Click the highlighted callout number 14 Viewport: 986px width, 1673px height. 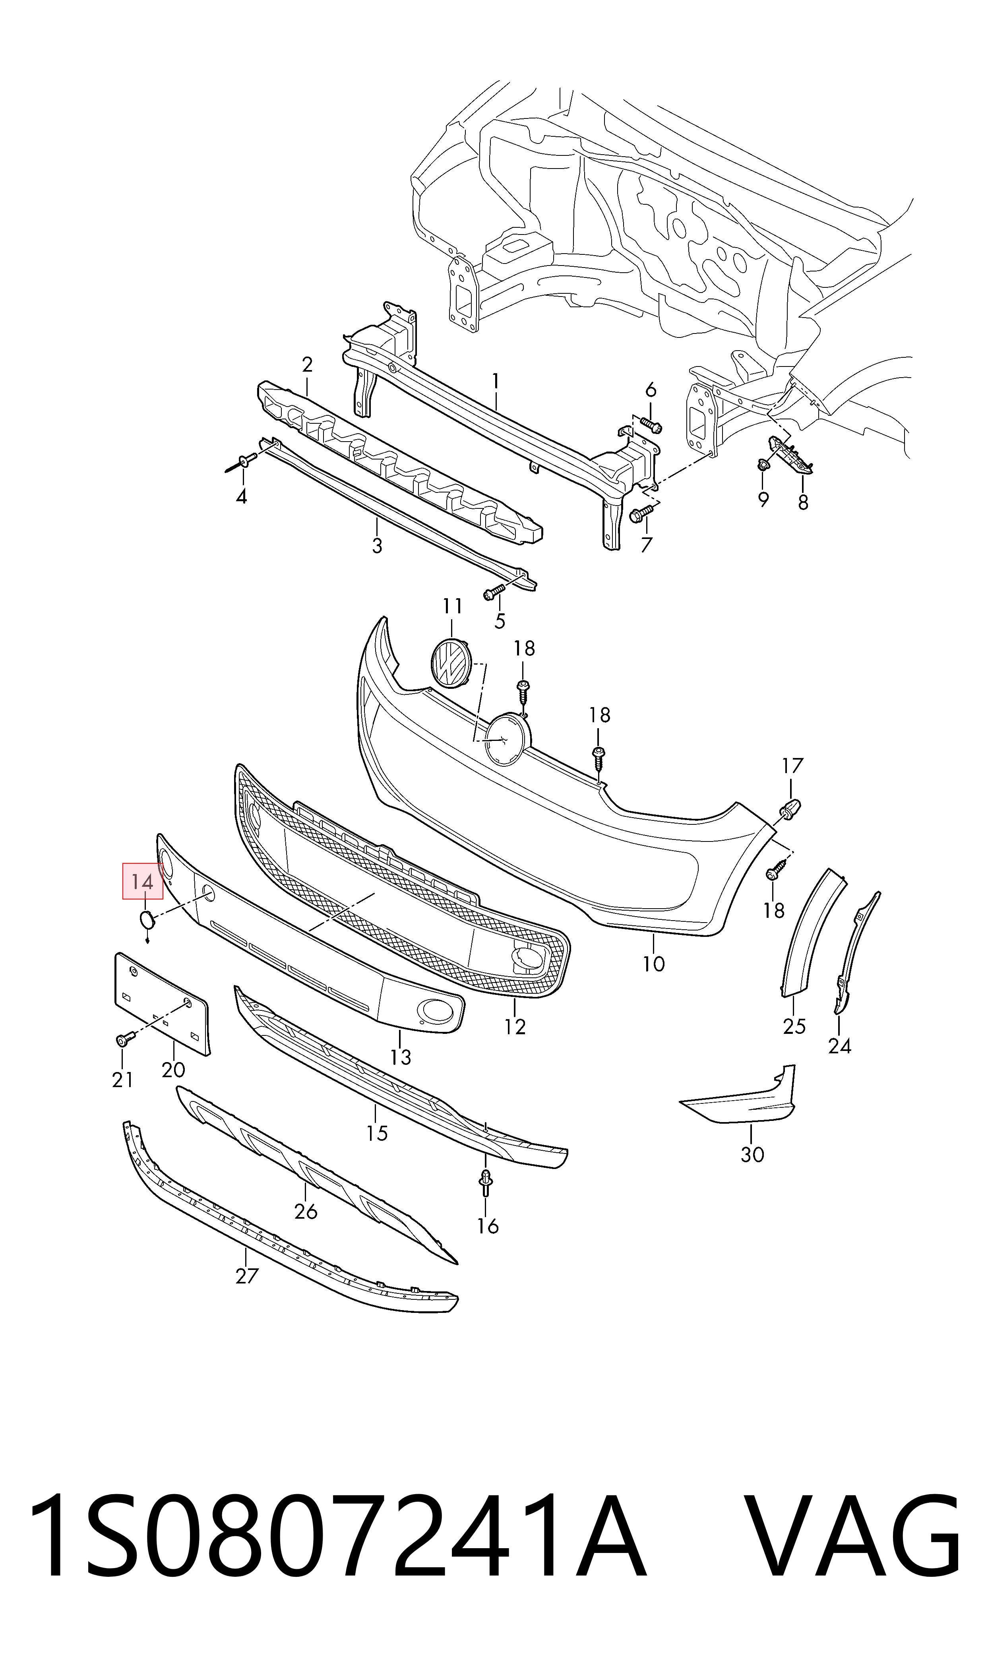click(142, 882)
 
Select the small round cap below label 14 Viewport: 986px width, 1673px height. click(145, 919)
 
